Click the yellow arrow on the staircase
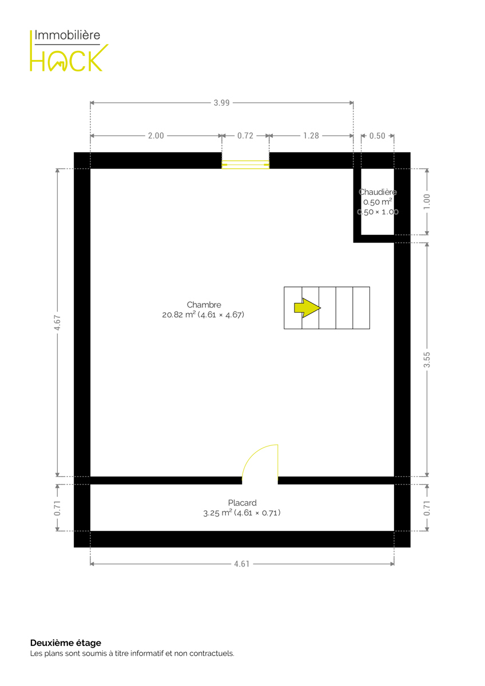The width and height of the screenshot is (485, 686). tap(307, 308)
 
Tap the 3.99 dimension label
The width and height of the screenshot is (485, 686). tap(221, 103)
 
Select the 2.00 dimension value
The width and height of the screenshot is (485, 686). tap(156, 135)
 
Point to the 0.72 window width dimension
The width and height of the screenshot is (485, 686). tap(245, 135)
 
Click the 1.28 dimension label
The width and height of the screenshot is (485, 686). tap(311, 135)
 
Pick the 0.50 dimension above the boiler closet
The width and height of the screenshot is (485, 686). tap(377, 135)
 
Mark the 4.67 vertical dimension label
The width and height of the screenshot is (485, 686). tap(57, 322)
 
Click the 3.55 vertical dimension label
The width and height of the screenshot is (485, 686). tap(427, 360)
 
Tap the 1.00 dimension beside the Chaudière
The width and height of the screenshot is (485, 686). tap(427, 202)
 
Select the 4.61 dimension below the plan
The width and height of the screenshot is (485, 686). tap(242, 564)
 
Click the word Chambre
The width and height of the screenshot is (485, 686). tap(204, 305)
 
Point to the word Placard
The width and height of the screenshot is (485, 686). tap(242, 503)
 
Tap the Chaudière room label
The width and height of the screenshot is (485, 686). tap(378, 192)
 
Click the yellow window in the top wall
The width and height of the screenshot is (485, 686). tap(245, 165)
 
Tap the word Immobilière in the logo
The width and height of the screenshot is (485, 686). tap(67, 35)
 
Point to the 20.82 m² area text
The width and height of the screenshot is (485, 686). tap(179, 314)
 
